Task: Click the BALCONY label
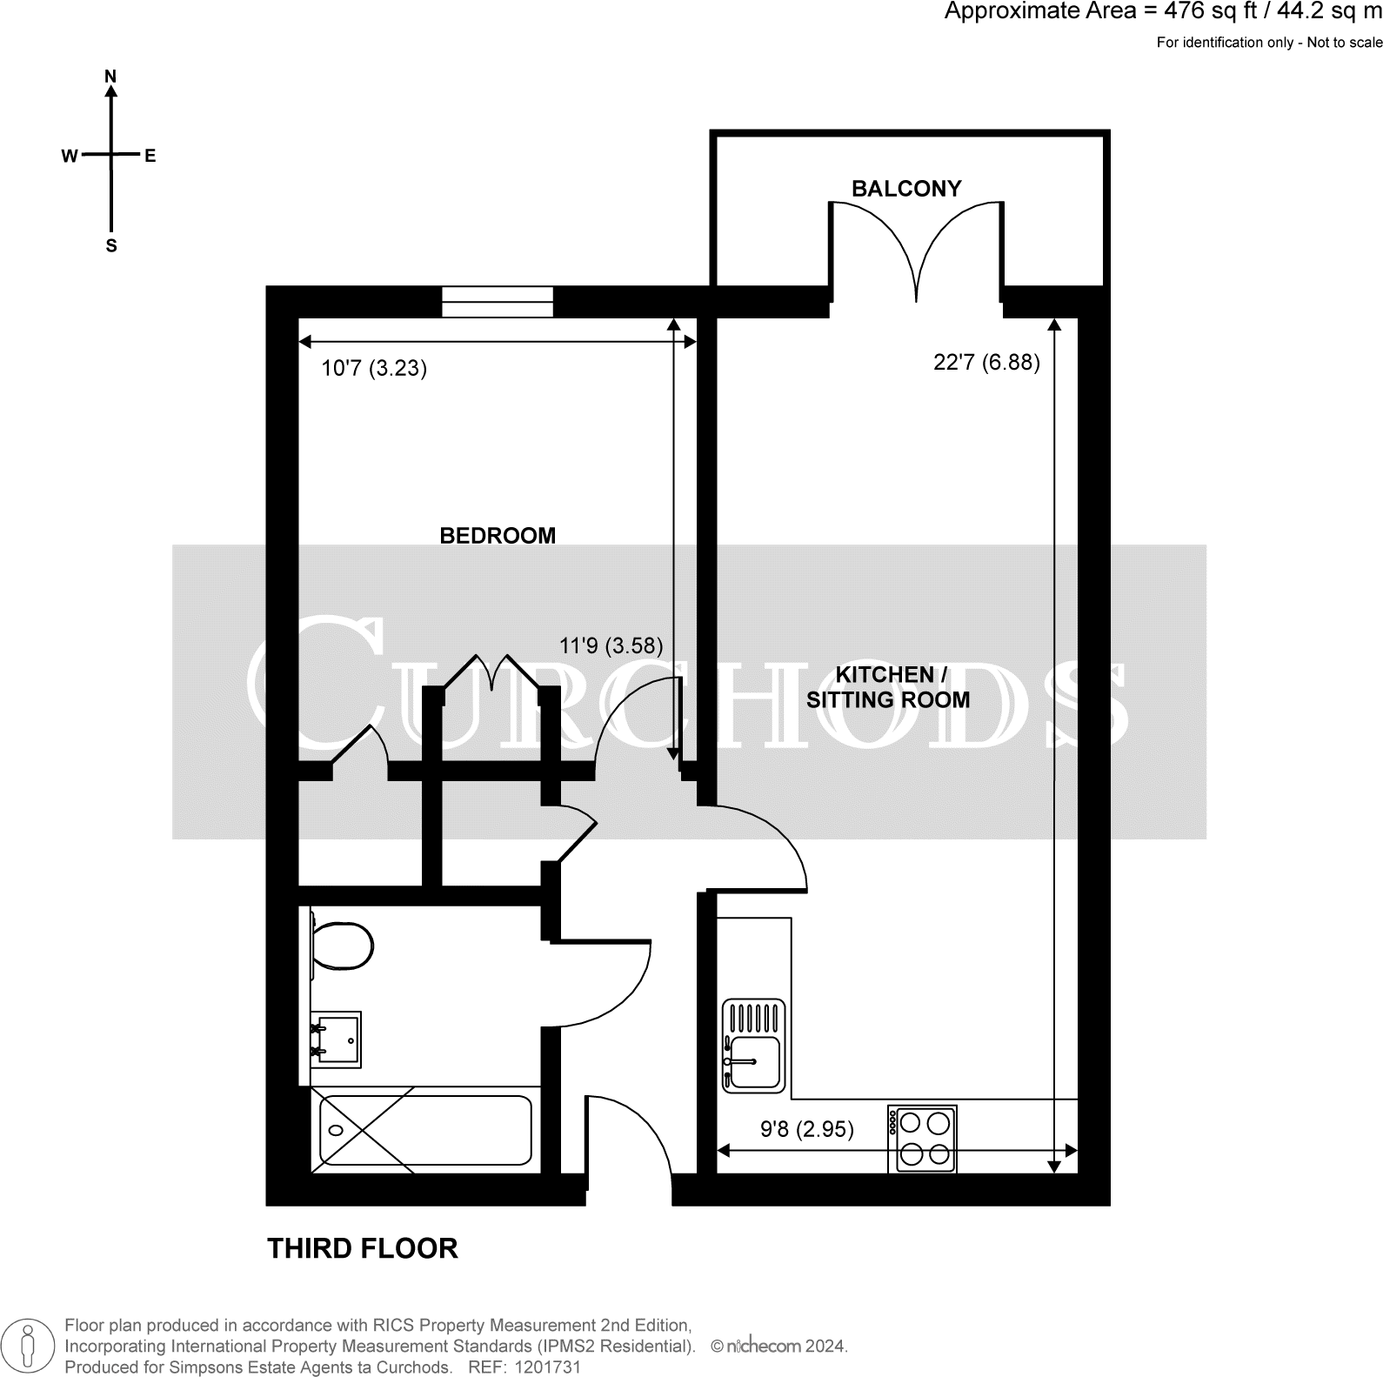tap(905, 189)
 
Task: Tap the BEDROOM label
tap(498, 536)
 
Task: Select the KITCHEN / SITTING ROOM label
tap(888, 687)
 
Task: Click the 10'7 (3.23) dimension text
tap(374, 368)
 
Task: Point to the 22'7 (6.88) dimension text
tap(986, 362)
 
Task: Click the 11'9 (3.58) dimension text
tap(611, 645)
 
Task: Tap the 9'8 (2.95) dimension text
tap(806, 1129)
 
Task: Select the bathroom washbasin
tap(337, 1039)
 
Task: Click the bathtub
tap(425, 1129)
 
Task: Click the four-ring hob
tap(922, 1139)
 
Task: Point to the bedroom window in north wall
tap(497, 302)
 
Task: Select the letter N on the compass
tap(110, 77)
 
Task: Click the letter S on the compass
tap(110, 246)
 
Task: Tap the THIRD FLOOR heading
tap(362, 1248)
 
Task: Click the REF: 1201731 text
tap(524, 1367)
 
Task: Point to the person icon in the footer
tap(30, 1345)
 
